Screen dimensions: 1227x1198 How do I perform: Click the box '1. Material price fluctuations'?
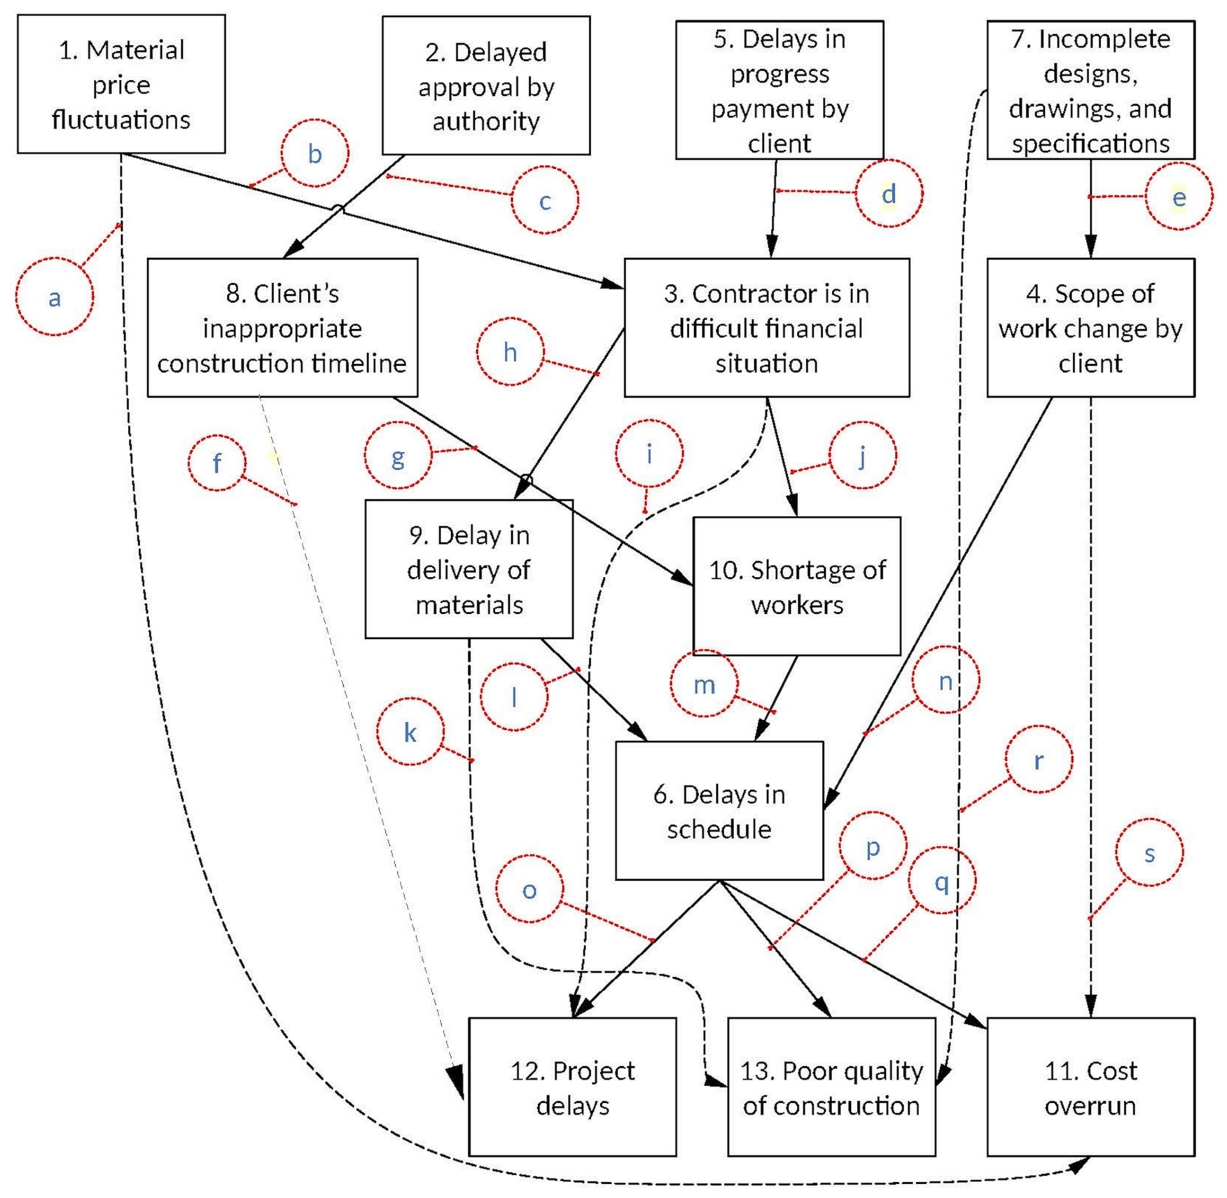[121, 84]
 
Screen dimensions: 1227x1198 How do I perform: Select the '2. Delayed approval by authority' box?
[486, 85]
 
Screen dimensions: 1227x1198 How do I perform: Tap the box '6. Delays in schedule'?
[719, 811]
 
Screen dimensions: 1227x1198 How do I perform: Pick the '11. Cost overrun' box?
[1090, 1087]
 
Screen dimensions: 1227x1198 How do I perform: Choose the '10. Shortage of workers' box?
[797, 587]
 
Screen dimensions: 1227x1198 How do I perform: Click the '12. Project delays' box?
[572, 1087]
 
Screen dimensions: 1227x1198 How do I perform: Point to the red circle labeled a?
[54, 297]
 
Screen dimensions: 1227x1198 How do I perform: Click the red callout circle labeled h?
[511, 351]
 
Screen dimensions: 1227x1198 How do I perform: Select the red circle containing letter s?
[1149, 853]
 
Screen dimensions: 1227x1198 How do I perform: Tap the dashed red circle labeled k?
[410, 732]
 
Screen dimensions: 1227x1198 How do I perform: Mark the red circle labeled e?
[1179, 197]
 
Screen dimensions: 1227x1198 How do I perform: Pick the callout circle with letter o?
[529, 889]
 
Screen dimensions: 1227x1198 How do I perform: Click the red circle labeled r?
[1039, 760]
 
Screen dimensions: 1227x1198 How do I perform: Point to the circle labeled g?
[398, 455]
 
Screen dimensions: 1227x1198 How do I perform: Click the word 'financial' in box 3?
[766, 328]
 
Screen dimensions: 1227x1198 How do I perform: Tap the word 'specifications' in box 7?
[1090, 144]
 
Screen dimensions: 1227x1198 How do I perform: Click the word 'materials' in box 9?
[469, 605]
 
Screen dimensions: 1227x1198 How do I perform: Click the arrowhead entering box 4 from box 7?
[1090, 247]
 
